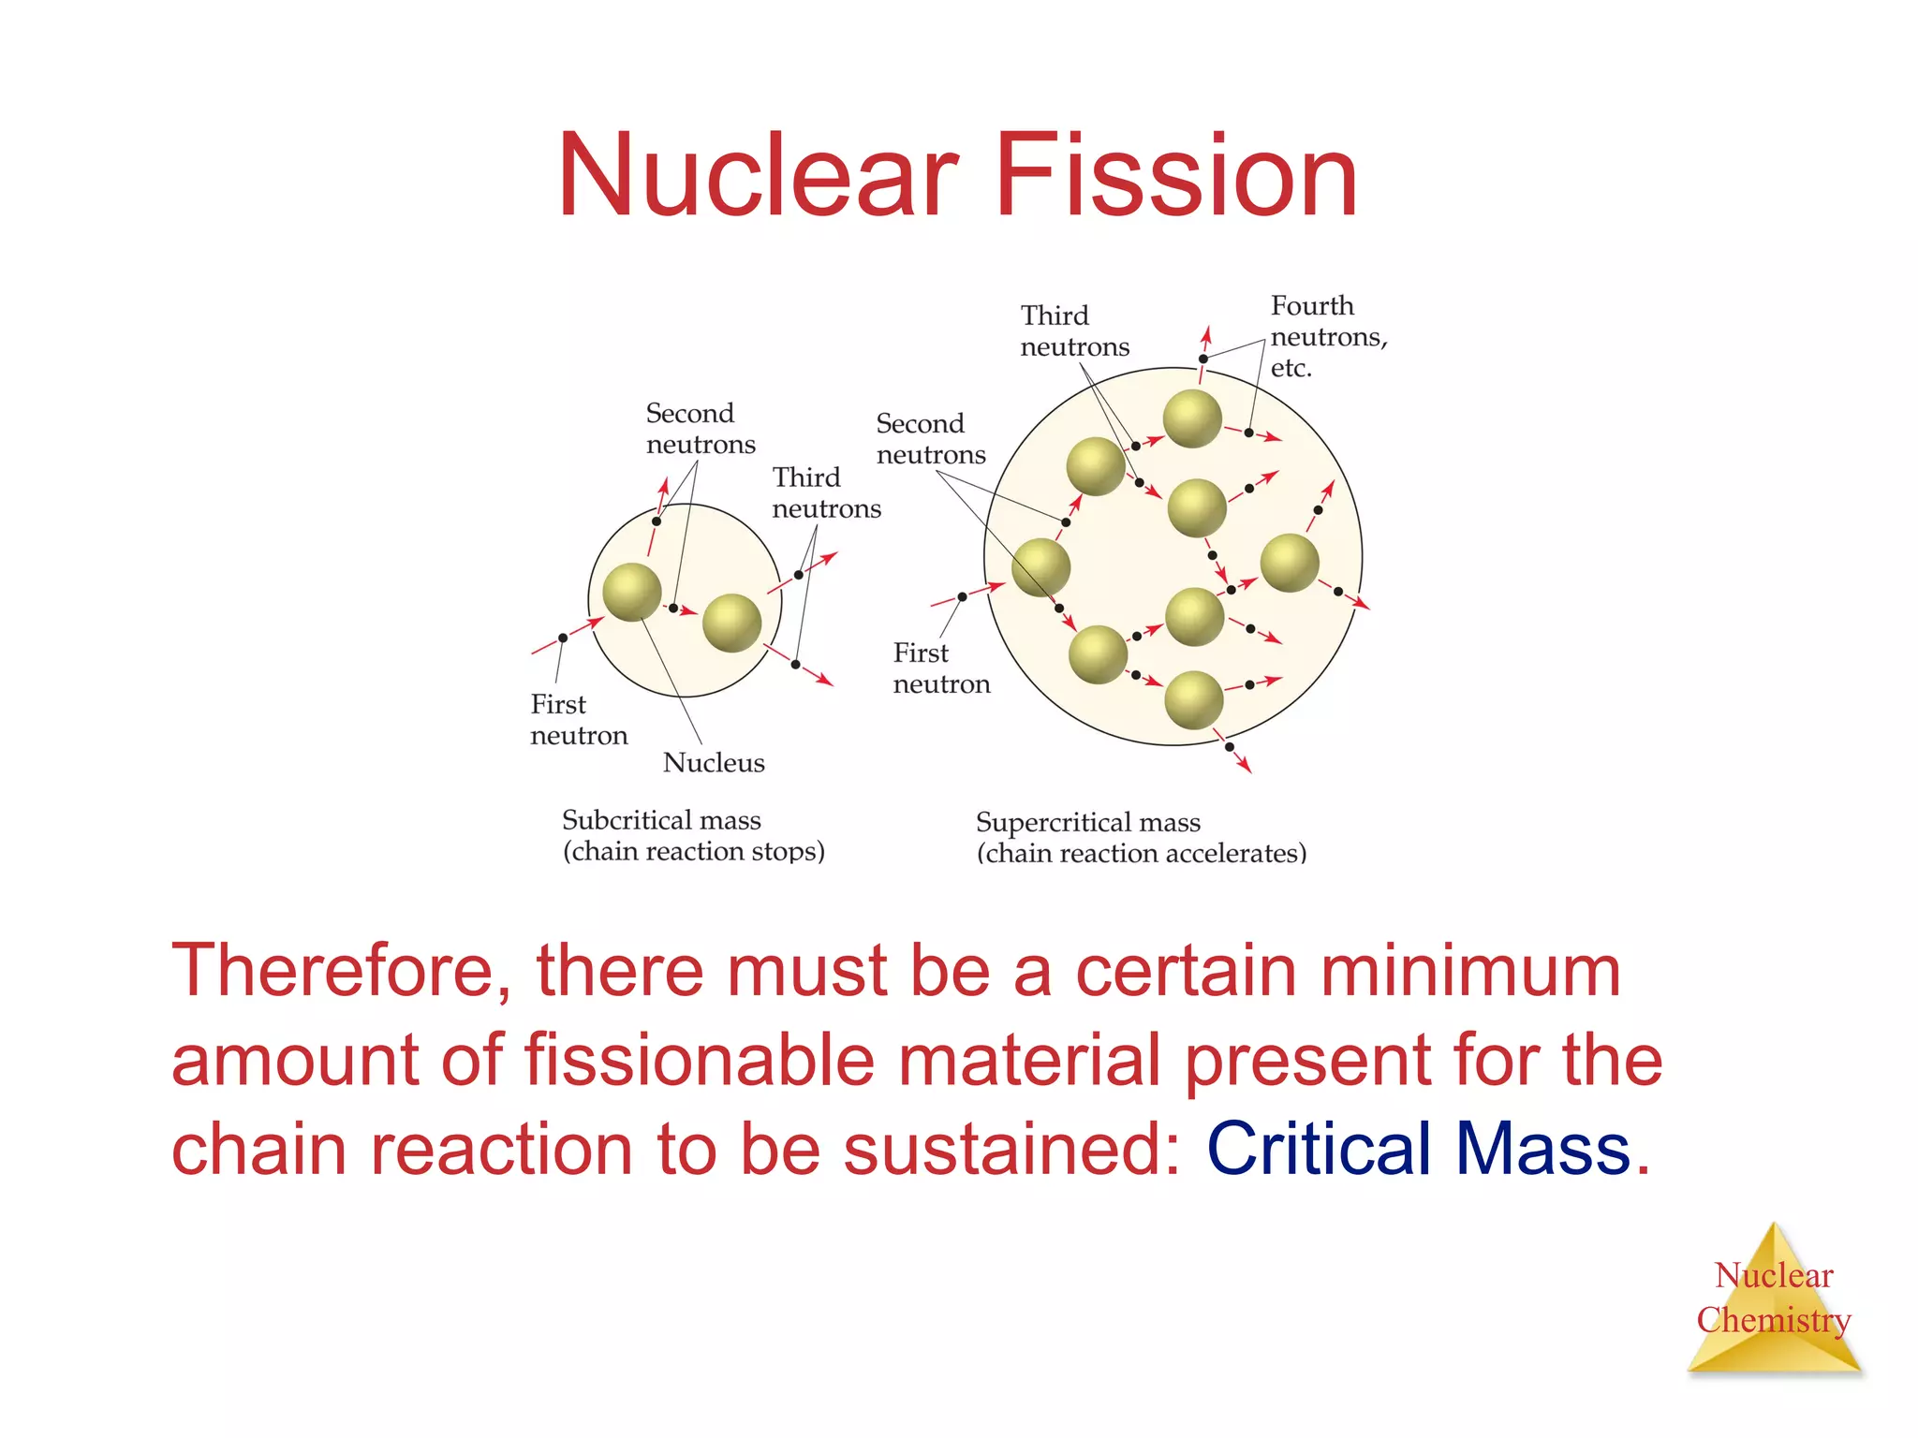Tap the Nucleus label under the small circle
point(714,763)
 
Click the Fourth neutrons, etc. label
point(1328,336)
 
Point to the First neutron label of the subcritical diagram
point(578,719)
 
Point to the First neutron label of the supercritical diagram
point(940,668)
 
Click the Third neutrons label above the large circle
point(1074,330)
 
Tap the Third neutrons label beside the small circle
point(826,492)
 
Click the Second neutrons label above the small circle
point(700,428)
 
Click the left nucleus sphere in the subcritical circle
point(632,592)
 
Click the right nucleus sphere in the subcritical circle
point(731,623)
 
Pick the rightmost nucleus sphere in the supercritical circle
point(1290,563)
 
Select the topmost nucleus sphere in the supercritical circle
point(1192,418)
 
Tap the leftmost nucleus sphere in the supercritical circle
point(1040,567)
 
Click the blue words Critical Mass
point(1418,1149)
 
